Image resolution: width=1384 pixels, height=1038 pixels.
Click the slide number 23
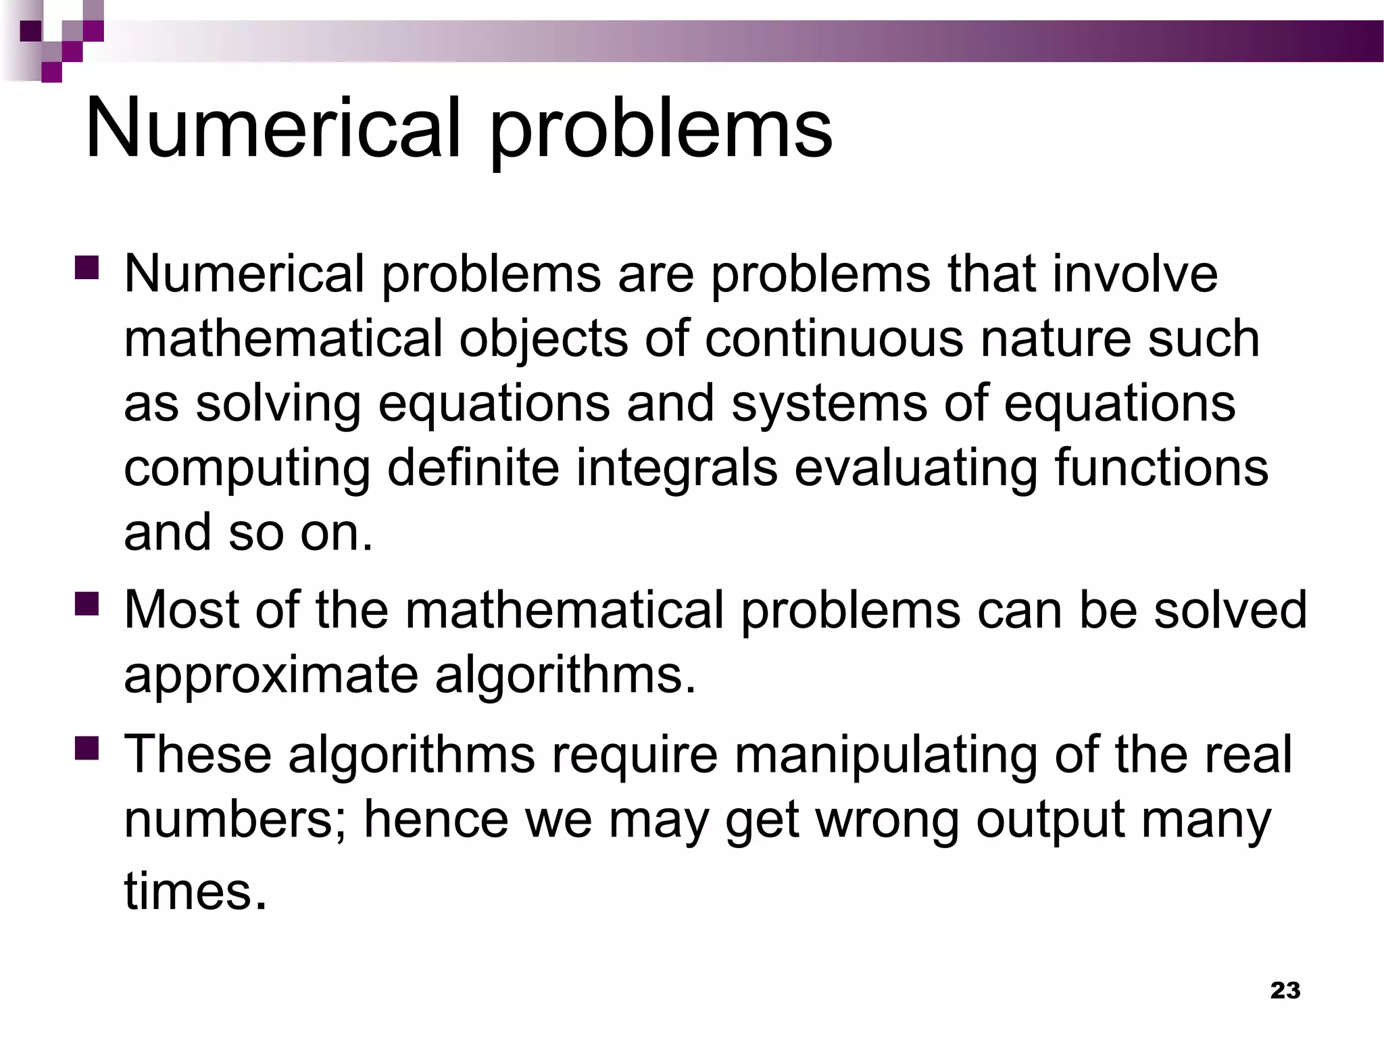(x=1285, y=990)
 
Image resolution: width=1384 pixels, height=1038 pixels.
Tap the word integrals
(x=676, y=468)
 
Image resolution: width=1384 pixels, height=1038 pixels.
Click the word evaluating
(x=916, y=468)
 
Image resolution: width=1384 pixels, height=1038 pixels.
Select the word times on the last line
(x=195, y=891)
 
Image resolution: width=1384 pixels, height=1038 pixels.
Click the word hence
(x=436, y=819)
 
